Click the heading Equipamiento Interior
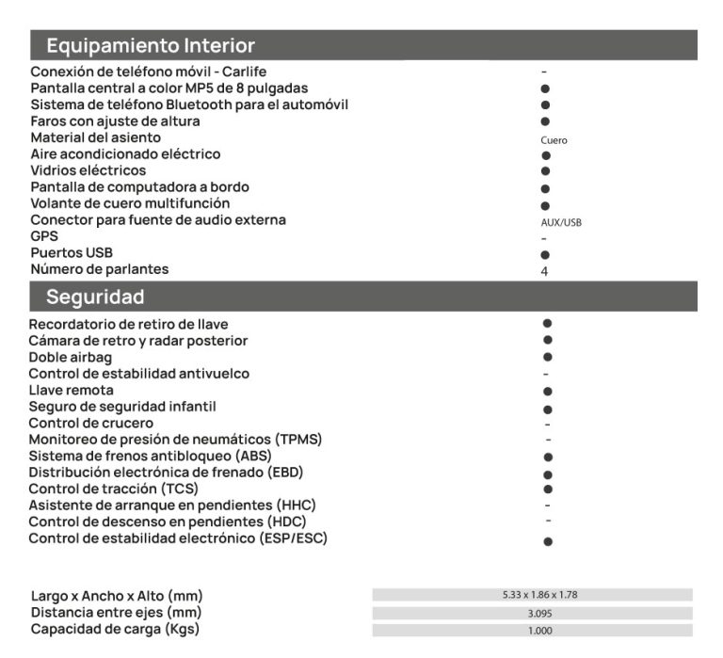coord(151,45)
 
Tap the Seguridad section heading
coord(95,297)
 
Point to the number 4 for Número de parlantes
coord(544,271)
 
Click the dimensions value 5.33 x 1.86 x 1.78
coord(533,595)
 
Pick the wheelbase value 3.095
coord(533,613)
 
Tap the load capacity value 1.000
coord(533,631)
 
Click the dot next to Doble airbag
coord(547,357)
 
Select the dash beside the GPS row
coord(545,239)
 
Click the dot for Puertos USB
coord(545,255)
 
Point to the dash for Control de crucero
coord(547,424)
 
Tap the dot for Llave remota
coord(547,391)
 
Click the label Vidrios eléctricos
coord(88,170)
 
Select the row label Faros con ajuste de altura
coord(115,121)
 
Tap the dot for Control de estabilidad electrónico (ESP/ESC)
coord(547,542)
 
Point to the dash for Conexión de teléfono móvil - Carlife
coord(544,72)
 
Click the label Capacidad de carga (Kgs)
coord(114,629)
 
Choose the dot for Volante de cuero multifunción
coord(545,205)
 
